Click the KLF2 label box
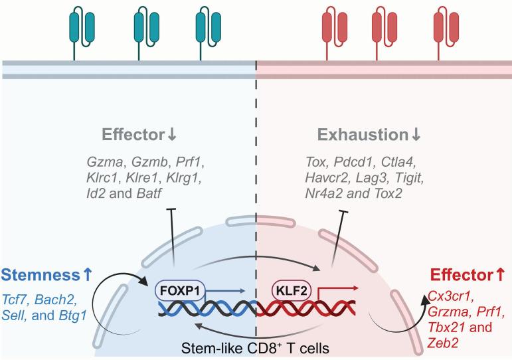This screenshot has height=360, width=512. [293, 291]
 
